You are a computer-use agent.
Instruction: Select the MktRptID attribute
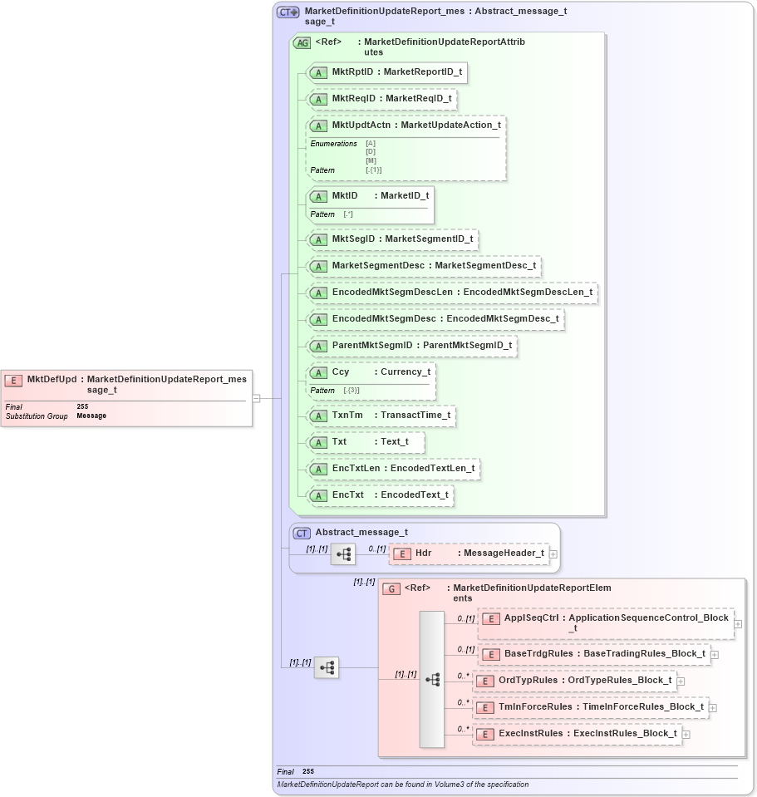pyautogui.click(x=386, y=72)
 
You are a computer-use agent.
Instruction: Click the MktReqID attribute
pyautogui.click(x=381, y=99)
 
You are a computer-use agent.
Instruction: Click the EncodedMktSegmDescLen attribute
pyautogui.click(x=452, y=293)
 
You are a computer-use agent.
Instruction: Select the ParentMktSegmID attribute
pyautogui.click(x=412, y=346)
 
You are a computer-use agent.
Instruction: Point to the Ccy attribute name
pyautogui.click(x=341, y=372)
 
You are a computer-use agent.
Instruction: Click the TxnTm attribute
pyautogui.click(x=381, y=416)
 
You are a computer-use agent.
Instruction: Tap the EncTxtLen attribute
pyautogui.click(x=393, y=469)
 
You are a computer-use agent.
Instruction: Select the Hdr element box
pyautogui.click(x=469, y=553)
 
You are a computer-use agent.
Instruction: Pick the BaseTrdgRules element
pyautogui.click(x=594, y=654)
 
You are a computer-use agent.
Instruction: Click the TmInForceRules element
pyautogui.click(x=590, y=707)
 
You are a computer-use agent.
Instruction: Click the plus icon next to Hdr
pyautogui.click(x=553, y=553)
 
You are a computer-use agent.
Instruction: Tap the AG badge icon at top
pyautogui.click(x=302, y=43)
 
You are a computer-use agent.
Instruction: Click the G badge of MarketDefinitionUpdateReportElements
pyautogui.click(x=392, y=589)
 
